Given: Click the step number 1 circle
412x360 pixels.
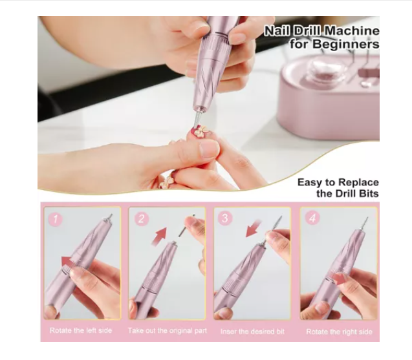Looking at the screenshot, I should (x=56, y=219).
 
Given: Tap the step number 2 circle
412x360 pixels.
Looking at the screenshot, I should (x=142, y=219).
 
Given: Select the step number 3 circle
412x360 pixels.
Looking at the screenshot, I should (x=226, y=219).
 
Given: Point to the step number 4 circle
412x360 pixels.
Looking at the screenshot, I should (x=312, y=219).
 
